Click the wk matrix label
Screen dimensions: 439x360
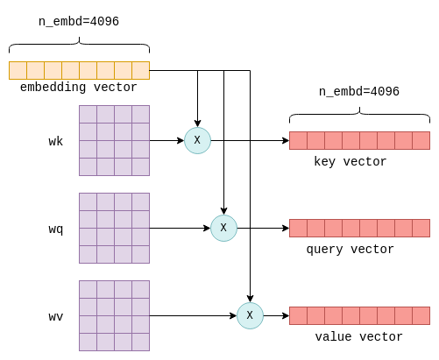56,141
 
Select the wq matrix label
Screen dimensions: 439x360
56,229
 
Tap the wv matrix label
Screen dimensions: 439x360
56,317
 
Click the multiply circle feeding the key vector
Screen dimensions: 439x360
197,140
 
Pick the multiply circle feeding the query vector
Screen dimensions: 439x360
223,228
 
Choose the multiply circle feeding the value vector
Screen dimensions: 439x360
250,315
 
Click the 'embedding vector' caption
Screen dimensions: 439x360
79,88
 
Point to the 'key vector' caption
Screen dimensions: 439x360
350,162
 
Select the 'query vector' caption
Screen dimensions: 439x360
350,250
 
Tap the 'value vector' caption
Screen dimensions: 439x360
359,336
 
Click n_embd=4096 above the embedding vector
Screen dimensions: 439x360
79,22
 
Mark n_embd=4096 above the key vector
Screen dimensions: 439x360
359,92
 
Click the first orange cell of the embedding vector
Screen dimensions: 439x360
18,70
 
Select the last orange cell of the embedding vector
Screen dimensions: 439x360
141,70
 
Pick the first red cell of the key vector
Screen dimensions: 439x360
298,140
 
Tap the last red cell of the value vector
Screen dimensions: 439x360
421,315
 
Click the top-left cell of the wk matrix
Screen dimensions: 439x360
88,114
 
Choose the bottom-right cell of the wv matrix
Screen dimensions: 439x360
141,342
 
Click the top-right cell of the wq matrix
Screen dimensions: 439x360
141,201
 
